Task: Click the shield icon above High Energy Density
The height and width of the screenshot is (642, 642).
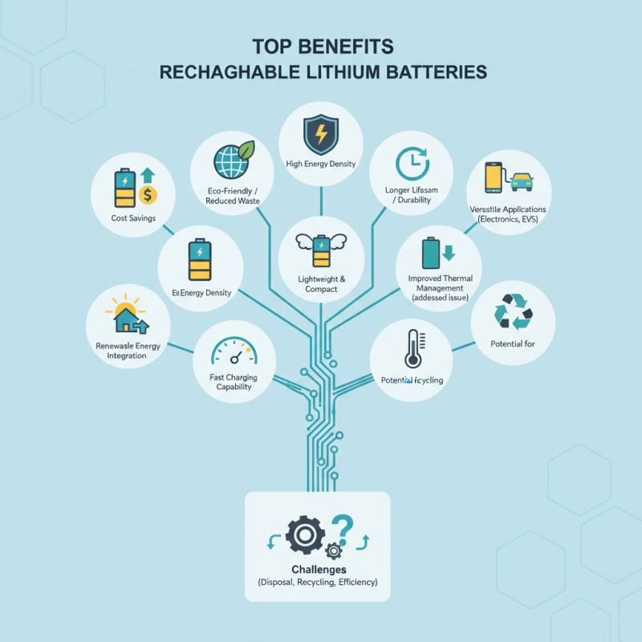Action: click(320, 134)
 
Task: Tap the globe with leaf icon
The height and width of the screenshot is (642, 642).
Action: click(234, 159)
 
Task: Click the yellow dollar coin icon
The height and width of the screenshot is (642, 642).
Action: click(148, 194)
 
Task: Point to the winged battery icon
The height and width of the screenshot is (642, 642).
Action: click(320, 250)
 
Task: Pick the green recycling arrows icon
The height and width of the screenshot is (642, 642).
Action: click(511, 311)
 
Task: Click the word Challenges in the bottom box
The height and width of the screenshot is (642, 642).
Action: click(317, 569)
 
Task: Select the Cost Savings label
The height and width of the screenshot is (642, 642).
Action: click(134, 218)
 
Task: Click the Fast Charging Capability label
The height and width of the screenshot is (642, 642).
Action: click(234, 381)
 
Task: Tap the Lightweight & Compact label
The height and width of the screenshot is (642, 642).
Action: click(320, 283)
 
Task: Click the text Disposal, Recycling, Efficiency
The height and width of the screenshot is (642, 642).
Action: click(317, 582)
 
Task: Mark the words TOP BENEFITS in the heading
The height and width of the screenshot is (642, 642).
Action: click(321, 45)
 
